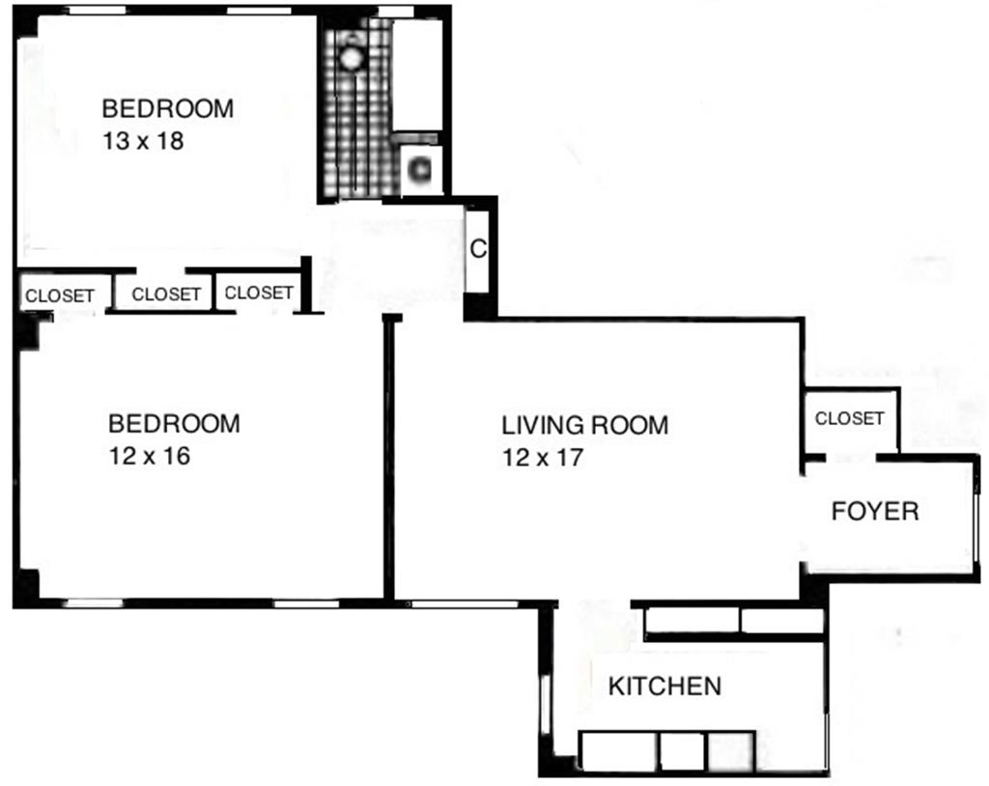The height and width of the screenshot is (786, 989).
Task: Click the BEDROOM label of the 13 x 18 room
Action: [x=168, y=108]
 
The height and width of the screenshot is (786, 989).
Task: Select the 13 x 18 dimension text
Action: [x=143, y=141]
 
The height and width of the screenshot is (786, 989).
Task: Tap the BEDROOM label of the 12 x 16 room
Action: [x=174, y=423]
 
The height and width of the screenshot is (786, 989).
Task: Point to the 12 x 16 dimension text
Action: [x=149, y=456]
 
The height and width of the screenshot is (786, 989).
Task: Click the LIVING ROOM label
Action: [x=584, y=425]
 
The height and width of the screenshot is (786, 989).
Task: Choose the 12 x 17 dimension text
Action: [x=543, y=458]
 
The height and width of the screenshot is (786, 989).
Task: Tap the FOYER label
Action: [x=875, y=511]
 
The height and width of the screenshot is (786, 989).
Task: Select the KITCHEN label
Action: [x=664, y=687]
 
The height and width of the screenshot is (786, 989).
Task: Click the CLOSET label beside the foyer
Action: [x=849, y=418]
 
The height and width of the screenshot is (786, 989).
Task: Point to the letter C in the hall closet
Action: [x=477, y=249]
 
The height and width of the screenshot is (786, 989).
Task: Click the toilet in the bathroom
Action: [x=420, y=170]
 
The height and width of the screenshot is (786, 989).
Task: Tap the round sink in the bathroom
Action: [x=352, y=57]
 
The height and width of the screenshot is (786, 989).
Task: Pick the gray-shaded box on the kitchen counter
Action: [x=729, y=750]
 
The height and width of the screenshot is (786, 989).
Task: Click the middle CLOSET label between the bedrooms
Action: [x=166, y=295]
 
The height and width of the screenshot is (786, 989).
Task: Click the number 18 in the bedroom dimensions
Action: [x=170, y=141]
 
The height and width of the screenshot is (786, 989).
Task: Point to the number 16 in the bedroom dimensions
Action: [x=175, y=456]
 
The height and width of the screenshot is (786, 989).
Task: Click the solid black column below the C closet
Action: [x=478, y=306]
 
